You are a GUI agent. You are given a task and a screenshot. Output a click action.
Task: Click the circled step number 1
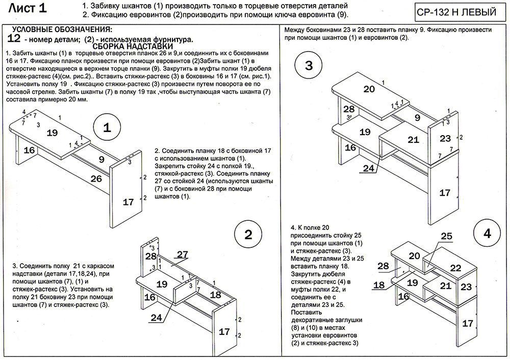pos(107,128)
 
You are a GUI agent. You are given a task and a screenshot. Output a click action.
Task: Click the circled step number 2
pos(248,235)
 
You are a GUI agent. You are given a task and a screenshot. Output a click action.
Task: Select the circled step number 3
pos(309,66)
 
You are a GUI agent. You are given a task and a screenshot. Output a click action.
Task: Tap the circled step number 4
pos(488,234)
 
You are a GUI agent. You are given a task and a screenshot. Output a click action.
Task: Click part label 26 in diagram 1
pos(96,178)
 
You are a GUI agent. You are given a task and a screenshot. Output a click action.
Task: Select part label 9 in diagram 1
pos(102,160)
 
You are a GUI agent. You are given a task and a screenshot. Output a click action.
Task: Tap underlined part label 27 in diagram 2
pos(183,254)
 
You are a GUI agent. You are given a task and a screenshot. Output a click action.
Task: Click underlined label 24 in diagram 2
pos(157,317)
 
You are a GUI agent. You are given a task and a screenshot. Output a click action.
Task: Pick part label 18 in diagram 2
pos(215,295)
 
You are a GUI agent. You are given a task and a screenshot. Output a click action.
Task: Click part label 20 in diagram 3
pos(369,89)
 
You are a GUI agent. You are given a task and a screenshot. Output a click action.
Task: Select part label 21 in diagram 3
pos(413,139)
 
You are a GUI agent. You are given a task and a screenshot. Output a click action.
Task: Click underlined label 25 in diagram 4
pos(446,236)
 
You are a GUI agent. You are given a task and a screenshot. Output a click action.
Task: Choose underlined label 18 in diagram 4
pos(379,285)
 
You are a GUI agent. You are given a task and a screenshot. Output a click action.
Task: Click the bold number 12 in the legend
pos(15,38)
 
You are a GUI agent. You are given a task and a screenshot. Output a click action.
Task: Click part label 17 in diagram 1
pos(129,202)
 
